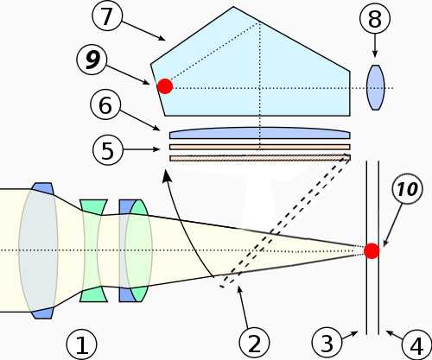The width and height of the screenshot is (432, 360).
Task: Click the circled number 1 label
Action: tap(82, 344)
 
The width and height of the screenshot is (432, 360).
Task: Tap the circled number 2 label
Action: tap(254, 344)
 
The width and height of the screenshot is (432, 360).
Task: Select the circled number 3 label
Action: tap(327, 343)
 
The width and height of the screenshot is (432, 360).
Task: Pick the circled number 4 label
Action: tap(416, 345)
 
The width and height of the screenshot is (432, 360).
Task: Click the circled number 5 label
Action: tap(108, 149)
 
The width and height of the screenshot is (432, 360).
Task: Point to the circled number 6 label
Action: tap(105, 105)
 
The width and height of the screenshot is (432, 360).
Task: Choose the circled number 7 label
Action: tap(107, 16)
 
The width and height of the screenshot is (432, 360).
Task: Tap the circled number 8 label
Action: tap(375, 20)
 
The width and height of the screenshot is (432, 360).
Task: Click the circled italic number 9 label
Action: tap(92, 60)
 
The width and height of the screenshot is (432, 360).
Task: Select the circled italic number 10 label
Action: tap(408, 189)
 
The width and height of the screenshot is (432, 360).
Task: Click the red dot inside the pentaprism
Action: tap(165, 86)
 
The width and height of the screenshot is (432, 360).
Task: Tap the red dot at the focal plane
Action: tap(372, 250)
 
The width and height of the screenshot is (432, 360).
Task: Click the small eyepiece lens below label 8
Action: tap(375, 87)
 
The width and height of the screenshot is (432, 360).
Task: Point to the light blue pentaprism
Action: tap(251, 66)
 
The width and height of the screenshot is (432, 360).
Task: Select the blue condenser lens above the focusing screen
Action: tap(260, 133)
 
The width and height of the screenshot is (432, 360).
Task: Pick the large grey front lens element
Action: tap(38, 250)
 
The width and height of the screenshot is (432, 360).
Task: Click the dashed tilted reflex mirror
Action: tap(285, 221)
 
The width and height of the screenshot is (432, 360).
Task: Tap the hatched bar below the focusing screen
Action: tap(260, 158)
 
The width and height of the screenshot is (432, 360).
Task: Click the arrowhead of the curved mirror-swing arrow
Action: tap(166, 176)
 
